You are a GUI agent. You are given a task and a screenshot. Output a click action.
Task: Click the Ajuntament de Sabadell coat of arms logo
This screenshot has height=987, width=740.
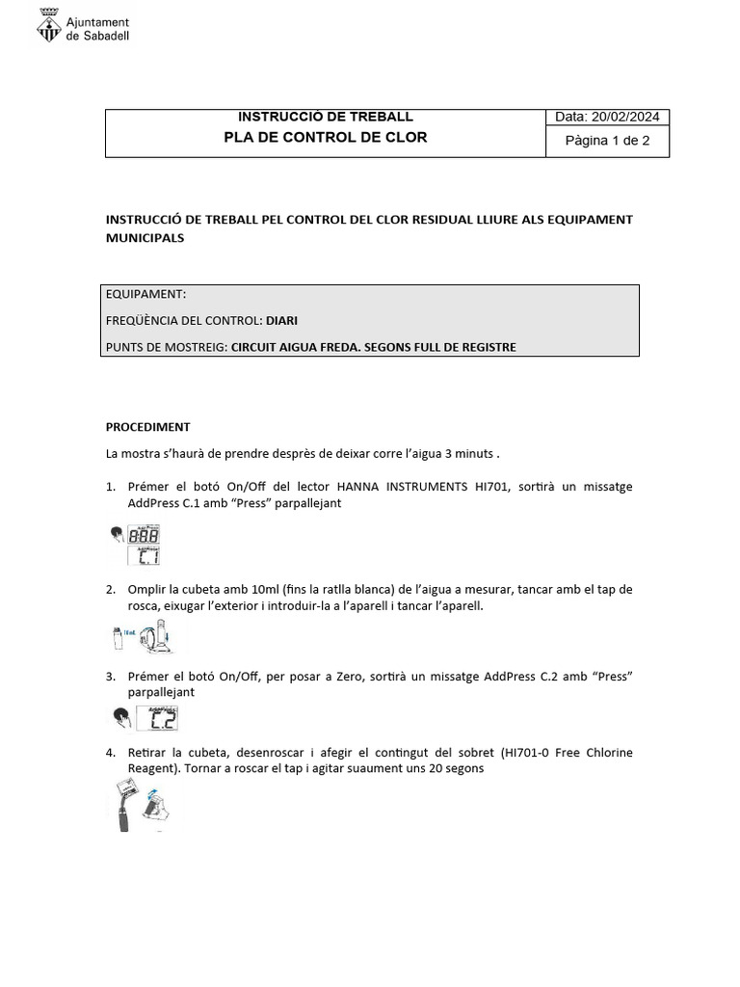48,28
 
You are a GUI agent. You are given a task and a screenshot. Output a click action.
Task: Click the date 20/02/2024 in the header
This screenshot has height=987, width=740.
625,117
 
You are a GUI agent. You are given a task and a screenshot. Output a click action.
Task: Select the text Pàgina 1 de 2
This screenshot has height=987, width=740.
607,141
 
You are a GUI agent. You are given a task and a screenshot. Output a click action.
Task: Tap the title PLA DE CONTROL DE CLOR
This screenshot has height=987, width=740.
325,137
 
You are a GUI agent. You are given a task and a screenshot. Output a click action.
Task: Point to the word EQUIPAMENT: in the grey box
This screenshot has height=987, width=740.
146,294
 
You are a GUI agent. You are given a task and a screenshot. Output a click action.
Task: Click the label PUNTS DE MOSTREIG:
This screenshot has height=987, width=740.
167,347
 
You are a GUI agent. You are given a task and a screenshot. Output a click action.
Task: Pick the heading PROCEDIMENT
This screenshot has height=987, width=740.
147,426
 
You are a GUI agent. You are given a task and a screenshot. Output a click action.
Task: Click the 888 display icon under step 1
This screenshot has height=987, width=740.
145,536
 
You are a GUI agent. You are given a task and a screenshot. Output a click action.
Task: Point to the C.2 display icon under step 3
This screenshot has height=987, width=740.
158,718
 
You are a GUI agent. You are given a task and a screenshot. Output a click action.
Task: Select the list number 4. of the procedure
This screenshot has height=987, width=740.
111,752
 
